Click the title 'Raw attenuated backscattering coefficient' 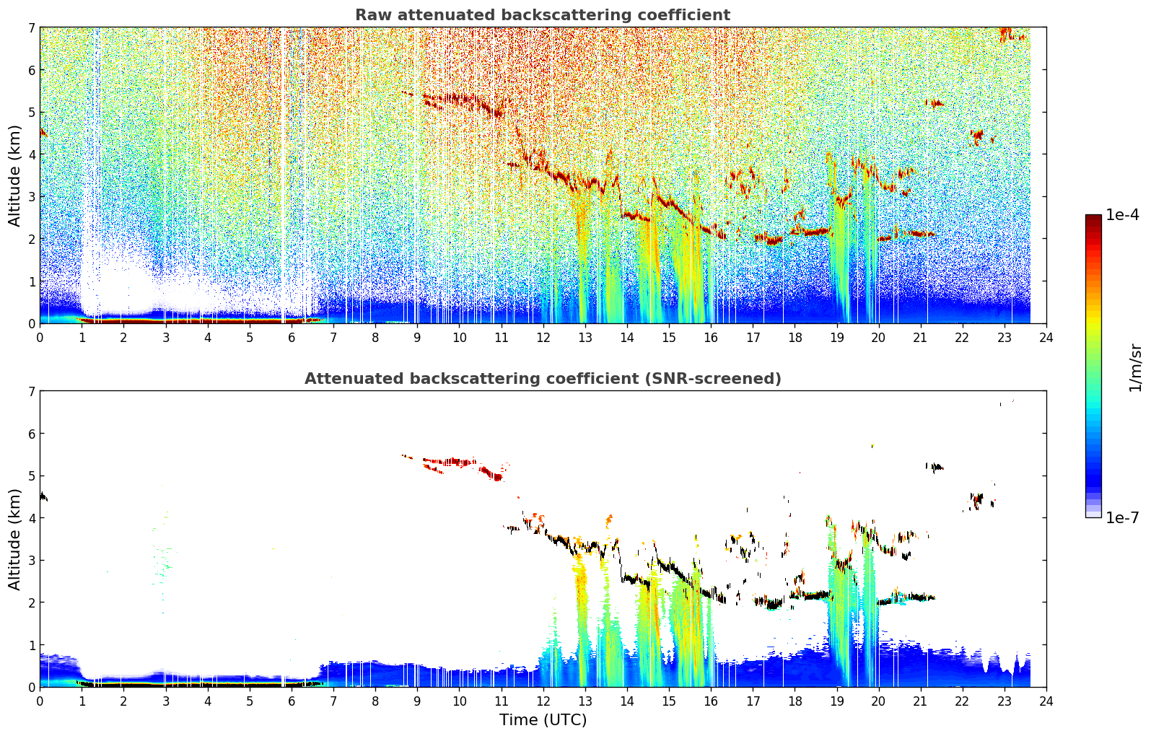tap(543, 15)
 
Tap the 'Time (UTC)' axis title tap(543, 720)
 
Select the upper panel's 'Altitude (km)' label tap(14, 176)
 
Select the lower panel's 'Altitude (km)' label tap(14, 539)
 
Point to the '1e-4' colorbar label tap(1122, 215)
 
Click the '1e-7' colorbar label tap(1122, 517)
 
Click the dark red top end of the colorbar tap(1093, 217)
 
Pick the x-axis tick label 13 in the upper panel tap(585, 338)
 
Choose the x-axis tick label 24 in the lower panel tap(1046, 701)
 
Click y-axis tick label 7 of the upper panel tap(32, 27)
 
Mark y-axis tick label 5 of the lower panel tap(32, 476)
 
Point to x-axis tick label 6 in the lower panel tap(292, 701)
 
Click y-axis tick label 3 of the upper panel tap(32, 197)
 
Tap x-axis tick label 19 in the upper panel tap(836, 338)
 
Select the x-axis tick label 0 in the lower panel tap(40, 701)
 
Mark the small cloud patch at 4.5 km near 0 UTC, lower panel tap(43, 496)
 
